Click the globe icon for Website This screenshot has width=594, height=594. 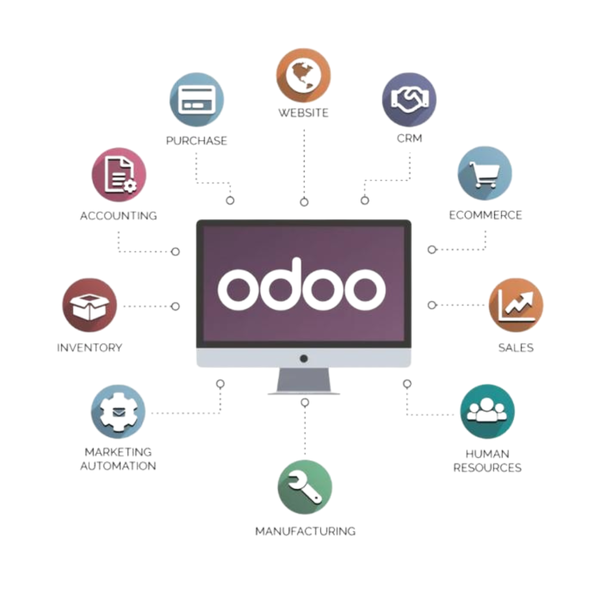pos(304,76)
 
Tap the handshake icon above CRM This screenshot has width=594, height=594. pos(409,98)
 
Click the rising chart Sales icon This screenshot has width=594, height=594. pos(516,305)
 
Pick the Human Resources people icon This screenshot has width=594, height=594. pos(487,411)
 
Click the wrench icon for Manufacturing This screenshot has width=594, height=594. pos(305,487)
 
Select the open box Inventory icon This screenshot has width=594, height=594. pos(90,305)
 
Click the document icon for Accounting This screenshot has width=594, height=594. pos(119,175)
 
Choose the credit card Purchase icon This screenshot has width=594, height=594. pos(197,99)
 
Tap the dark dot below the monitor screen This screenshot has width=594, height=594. pos(304,358)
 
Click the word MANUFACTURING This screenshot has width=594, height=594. pos(305,531)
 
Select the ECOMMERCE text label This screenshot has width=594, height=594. pos(485,215)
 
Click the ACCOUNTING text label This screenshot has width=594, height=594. pos(118,215)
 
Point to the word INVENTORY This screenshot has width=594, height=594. pos(90,348)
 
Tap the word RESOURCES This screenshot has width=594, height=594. pos(487,468)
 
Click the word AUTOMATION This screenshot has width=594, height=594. pos(118,466)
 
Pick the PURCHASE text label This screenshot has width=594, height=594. pos(197,140)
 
